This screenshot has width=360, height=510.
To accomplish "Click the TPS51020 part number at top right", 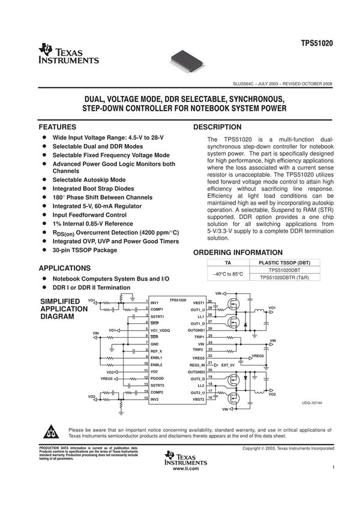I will pyautogui.click(x=317, y=44).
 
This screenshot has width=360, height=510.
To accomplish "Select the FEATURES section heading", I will pyautogui.click(x=57, y=127).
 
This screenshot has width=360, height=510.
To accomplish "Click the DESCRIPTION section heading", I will pyautogui.click(x=217, y=127).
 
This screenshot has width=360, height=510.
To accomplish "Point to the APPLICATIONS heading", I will pyautogui.click(x=65, y=268).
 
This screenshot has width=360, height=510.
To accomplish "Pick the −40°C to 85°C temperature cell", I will pyautogui.click(x=227, y=274).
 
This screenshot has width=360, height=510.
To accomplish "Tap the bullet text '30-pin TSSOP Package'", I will pyautogui.click(x=85, y=250).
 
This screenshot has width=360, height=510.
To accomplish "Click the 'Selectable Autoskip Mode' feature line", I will pyautogui.click(x=89, y=179).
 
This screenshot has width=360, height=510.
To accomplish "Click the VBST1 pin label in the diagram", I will pyautogui.click(x=199, y=302).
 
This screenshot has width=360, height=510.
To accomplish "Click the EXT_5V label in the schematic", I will pyautogui.click(x=227, y=364).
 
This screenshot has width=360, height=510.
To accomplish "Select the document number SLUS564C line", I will pyautogui.click(x=283, y=84).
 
